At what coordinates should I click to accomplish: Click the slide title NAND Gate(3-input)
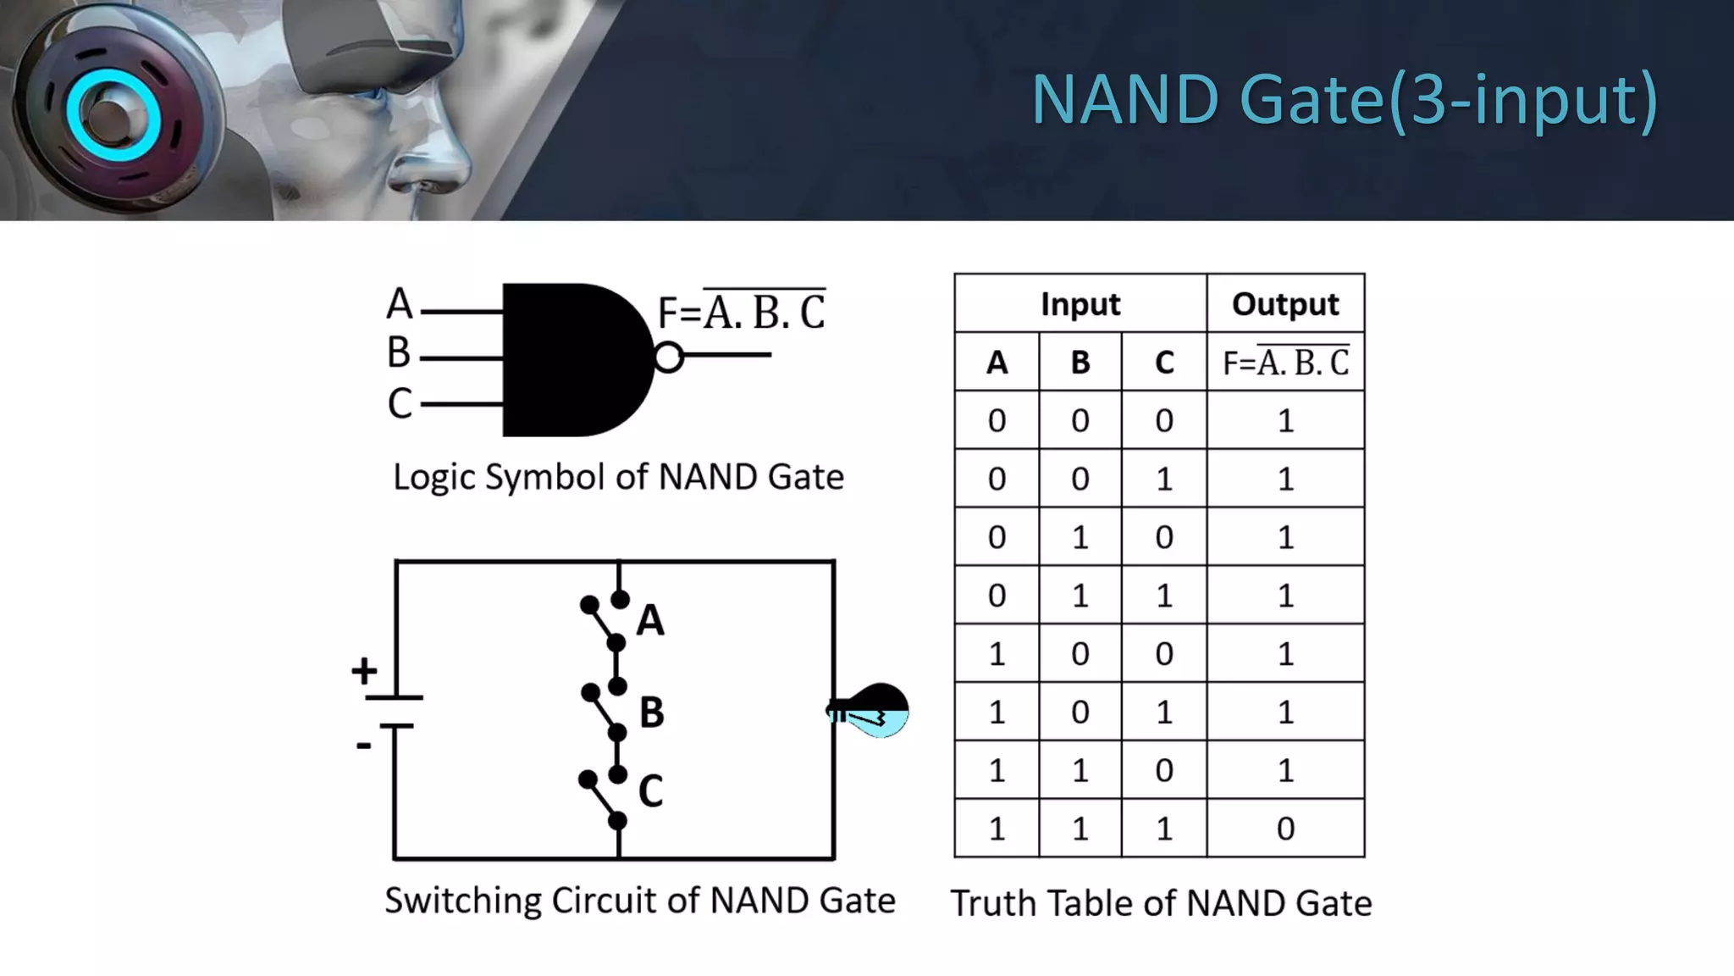(x=1344, y=100)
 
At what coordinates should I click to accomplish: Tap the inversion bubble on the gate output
(x=668, y=357)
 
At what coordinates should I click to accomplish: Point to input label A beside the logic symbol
(x=400, y=304)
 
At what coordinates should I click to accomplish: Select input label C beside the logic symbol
(x=400, y=403)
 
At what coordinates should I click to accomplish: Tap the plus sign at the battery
(x=364, y=671)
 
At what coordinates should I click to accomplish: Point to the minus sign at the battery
(x=364, y=746)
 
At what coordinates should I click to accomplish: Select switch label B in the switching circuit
(x=651, y=712)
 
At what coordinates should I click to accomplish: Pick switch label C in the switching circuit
(x=650, y=791)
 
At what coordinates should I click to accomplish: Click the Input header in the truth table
(x=1080, y=304)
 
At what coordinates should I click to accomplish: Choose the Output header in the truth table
(x=1285, y=304)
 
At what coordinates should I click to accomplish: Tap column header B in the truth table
(x=1080, y=363)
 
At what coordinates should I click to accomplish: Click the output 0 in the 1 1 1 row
(x=1285, y=829)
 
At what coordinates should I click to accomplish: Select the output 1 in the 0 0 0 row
(x=1285, y=421)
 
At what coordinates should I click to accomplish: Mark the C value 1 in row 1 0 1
(x=1164, y=713)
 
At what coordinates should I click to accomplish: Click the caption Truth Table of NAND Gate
(x=1161, y=903)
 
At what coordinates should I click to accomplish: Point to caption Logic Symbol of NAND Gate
(x=618, y=477)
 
